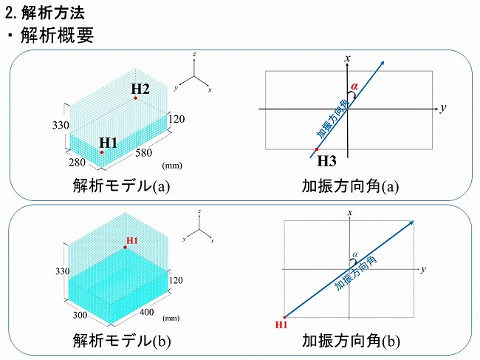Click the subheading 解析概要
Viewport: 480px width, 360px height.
coord(55,35)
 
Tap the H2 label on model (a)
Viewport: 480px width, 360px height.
coord(140,89)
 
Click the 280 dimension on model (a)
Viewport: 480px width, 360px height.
coord(76,163)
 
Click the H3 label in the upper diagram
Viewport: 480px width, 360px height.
coord(326,161)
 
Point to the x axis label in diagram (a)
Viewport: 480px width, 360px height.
coord(346,58)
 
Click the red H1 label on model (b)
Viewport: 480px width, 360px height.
coord(132,240)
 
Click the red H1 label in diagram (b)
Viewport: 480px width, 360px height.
coord(281,325)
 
